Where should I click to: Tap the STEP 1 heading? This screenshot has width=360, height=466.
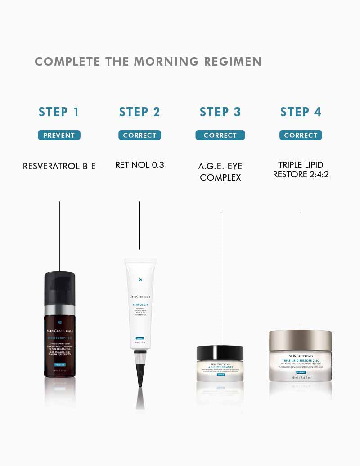tap(59, 112)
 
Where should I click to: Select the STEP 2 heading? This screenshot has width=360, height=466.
tap(139, 112)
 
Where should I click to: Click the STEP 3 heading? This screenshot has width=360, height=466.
tap(220, 112)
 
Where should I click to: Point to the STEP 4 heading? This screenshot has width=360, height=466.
tap(301, 112)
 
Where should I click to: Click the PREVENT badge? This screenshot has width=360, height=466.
tap(59, 136)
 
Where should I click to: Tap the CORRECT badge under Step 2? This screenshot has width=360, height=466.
tap(139, 136)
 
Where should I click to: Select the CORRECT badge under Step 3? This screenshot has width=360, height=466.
tap(220, 136)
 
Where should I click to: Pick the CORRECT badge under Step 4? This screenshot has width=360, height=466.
tap(301, 136)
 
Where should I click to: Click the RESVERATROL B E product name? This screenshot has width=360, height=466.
tap(59, 166)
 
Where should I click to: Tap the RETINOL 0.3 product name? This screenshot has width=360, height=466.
tap(139, 165)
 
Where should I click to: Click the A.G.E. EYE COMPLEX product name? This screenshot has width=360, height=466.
tap(220, 172)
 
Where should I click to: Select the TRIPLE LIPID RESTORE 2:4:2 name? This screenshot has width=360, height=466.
tap(301, 169)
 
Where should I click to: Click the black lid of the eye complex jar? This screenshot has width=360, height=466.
tap(220, 353)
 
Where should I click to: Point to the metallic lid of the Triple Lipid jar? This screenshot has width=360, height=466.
tap(300, 339)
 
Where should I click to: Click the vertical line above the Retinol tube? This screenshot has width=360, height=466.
tap(139, 225)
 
